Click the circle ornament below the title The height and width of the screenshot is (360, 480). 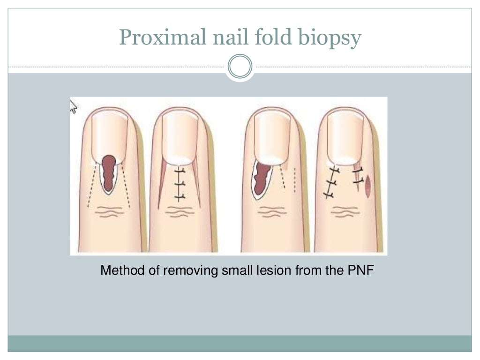tap(240, 67)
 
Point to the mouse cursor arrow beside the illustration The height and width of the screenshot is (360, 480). tap(74, 107)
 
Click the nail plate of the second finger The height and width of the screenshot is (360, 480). tap(180, 136)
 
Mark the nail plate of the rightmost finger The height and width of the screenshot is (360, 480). tap(346, 136)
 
